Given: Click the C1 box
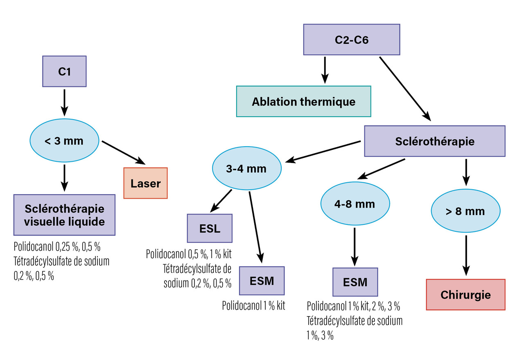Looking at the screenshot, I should point(65,71).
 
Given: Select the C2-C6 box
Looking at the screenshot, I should point(351,40).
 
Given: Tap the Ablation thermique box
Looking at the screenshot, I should point(303,101).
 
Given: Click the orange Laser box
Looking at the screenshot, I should point(145,183).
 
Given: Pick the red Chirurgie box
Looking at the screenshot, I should point(465,294).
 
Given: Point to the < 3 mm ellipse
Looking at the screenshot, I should point(64,141).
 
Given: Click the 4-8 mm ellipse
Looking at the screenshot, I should point(355,204).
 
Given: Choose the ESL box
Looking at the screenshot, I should point(210,228).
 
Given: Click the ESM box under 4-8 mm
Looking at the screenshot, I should point(355,282).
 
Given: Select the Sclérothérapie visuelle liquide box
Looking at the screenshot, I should point(64,215).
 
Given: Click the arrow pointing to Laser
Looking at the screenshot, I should point(122,151).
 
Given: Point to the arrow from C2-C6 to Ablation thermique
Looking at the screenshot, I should point(325,70).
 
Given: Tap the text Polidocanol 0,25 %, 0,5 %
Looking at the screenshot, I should point(57,247).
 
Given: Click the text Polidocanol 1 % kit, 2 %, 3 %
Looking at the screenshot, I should point(353,306).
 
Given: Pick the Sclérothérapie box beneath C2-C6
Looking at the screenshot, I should point(435,141).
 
